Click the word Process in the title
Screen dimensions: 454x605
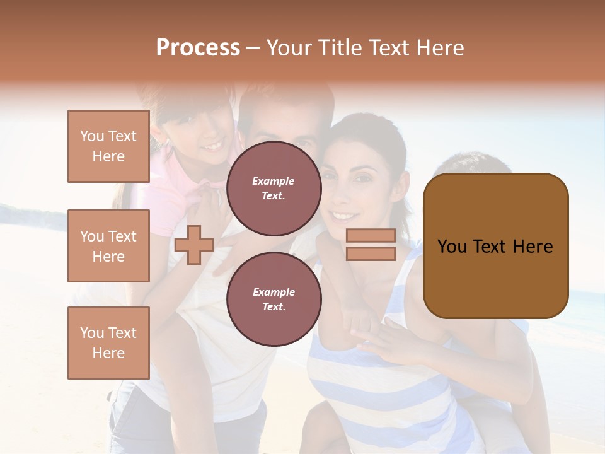tap(198, 48)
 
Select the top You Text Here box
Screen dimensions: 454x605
tap(108, 146)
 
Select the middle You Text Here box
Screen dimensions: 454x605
tap(108, 246)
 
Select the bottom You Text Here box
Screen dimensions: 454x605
tap(108, 343)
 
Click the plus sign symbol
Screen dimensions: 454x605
tap(194, 245)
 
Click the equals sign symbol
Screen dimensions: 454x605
tap(371, 245)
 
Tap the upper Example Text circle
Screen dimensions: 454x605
tap(274, 189)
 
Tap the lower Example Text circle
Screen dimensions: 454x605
tap(274, 300)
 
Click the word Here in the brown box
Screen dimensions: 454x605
tap(533, 247)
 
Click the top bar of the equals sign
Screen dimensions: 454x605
tap(371, 236)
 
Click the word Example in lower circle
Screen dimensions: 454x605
tap(274, 292)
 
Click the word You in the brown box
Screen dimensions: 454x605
tap(452, 247)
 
